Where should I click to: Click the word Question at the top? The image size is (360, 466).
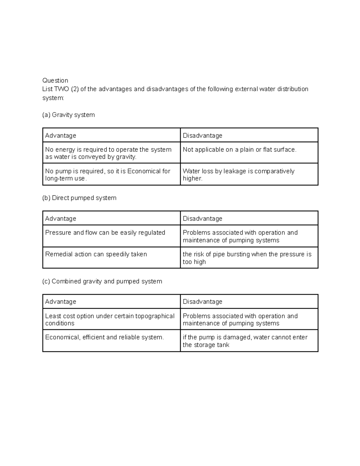(55, 80)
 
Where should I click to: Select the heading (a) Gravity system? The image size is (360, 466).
(68, 115)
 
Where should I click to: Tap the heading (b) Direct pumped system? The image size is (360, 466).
(79, 198)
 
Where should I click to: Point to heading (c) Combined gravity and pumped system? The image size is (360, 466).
(102, 281)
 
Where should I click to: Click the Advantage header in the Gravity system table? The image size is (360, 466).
(61, 136)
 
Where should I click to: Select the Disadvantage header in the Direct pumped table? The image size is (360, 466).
(202, 219)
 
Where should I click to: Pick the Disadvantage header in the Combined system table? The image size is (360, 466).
(202, 302)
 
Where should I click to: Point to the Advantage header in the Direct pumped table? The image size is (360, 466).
(61, 219)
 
